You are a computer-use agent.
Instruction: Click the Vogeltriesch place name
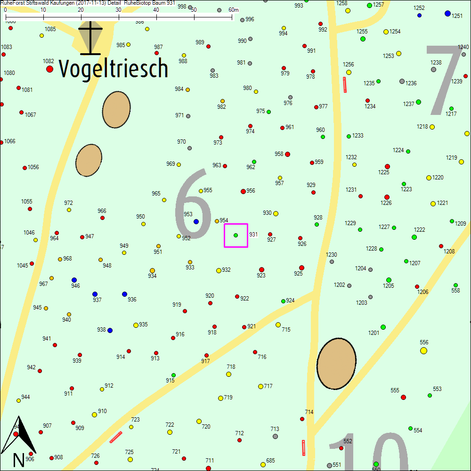114,69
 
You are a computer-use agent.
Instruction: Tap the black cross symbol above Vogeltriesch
90,38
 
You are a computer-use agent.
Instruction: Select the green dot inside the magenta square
235,235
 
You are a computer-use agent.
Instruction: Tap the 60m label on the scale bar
234,10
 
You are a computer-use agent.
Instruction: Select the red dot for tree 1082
49,69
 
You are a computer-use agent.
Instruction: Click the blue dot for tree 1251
447,13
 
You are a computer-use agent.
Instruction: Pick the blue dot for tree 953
196,221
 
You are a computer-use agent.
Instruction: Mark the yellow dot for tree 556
423,350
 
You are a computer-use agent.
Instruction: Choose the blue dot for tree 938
110,330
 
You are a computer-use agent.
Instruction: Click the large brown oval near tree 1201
336,363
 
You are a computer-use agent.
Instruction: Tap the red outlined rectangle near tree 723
116,437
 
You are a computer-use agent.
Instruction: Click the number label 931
253,235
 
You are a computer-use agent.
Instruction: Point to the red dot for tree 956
243,191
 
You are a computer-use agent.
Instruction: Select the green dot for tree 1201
383,327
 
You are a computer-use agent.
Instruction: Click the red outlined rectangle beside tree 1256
345,85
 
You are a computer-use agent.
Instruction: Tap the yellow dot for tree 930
276,213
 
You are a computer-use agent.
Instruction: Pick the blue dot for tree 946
74,280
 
